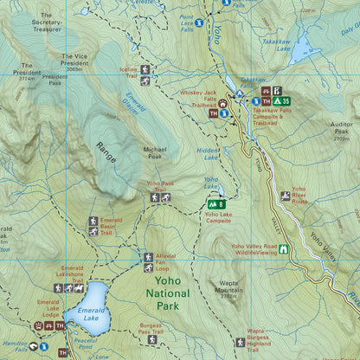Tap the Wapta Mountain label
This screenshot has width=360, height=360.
click(x=228, y=291)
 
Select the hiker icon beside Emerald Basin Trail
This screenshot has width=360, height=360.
click(x=93, y=230)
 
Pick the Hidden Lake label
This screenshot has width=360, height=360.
click(x=208, y=153)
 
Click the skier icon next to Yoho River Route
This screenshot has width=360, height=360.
click(x=285, y=196)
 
